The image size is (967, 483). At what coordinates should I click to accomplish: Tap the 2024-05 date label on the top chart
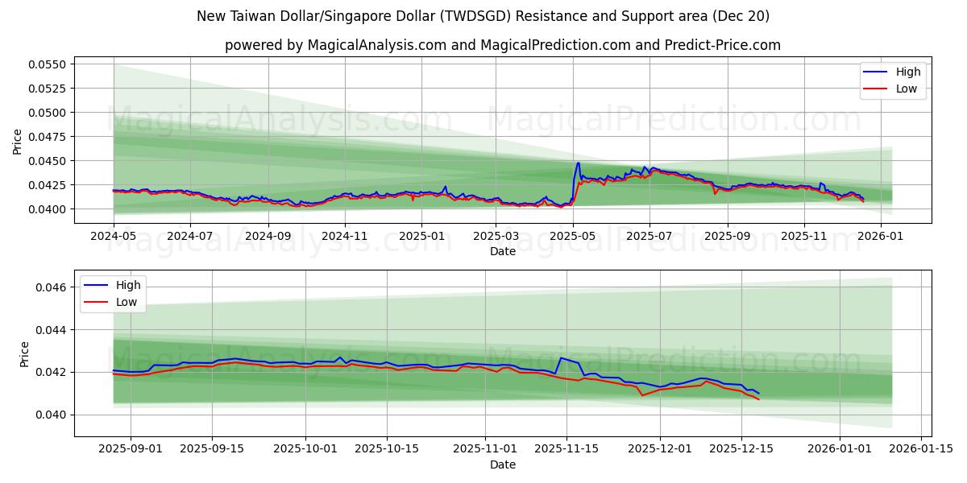[114, 237]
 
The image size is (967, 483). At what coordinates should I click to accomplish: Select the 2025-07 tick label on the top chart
[650, 237]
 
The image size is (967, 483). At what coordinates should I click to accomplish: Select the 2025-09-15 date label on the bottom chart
[213, 449]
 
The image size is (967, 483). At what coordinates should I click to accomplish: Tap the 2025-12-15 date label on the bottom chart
[741, 449]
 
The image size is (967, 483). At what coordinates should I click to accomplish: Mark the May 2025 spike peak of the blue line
[578, 163]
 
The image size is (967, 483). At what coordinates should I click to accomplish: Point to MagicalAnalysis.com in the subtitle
[377, 45]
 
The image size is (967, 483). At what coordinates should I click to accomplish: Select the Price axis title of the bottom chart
[24, 354]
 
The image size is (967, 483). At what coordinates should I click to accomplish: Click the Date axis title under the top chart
[503, 251]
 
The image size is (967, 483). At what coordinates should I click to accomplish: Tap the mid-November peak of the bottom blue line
[561, 358]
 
